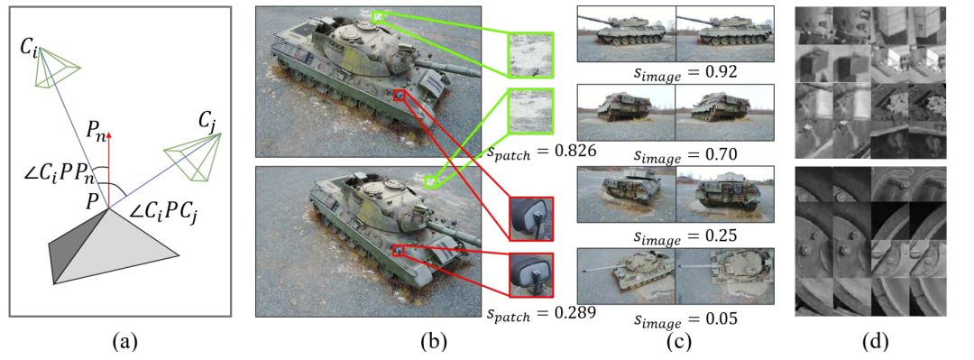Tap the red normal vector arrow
click(x=109, y=168)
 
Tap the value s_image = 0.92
click(x=675, y=72)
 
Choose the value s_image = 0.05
click(x=675, y=319)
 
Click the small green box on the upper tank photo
click(x=378, y=17)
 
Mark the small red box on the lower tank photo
click(x=399, y=251)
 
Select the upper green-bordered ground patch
click(x=530, y=55)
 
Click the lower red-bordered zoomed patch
click(x=530, y=275)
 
